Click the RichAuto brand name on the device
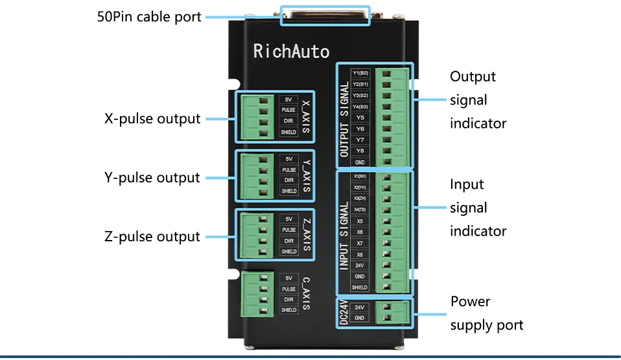(x=291, y=51)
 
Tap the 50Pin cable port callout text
(x=149, y=17)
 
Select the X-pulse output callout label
(x=152, y=119)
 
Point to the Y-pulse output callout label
(x=152, y=177)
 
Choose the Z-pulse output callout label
(x=152, y=236)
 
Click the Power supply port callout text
(x=486, y=313)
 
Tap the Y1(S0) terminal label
(x=360, y=73)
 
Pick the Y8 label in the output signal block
(x=360, y=150)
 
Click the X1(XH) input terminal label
(x=360, y=176)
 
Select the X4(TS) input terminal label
(x=360, y=210)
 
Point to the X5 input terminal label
(x=360, y=221)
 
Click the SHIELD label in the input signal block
(x=360, y=287)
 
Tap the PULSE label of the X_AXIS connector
(x=288, y=110)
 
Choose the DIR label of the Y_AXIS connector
(x=288, y=180)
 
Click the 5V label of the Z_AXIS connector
(x=288, y=219)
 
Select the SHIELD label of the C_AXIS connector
(x=288, y=310)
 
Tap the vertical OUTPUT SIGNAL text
(x=344, y=118)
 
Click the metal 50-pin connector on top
(x=325, y=15)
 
